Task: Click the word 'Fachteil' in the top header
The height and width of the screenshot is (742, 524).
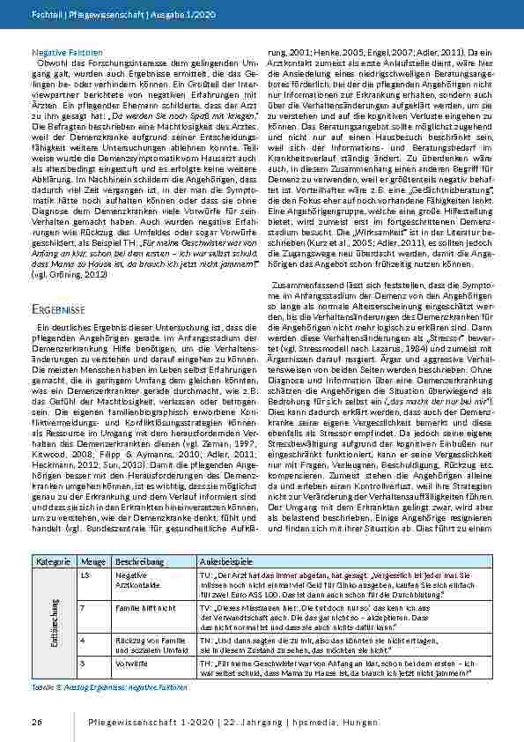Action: (x=44, y=15)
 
